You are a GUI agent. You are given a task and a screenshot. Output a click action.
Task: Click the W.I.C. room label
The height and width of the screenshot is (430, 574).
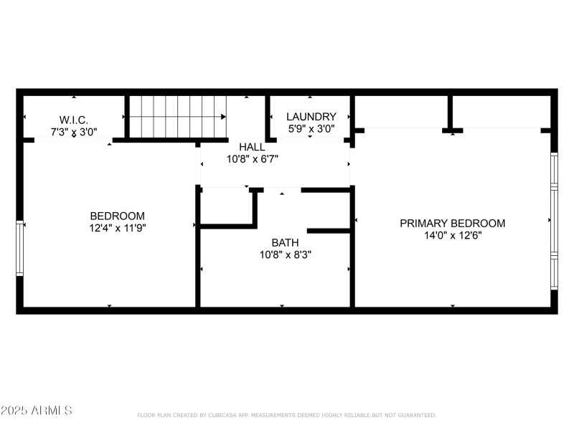[74, 120]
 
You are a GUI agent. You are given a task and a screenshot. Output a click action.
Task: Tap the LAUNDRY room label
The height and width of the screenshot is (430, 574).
[311, 117]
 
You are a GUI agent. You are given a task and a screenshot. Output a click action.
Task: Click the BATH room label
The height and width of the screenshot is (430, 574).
[285, 242]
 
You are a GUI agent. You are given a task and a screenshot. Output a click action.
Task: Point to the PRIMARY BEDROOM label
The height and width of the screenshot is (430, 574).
[452, 223]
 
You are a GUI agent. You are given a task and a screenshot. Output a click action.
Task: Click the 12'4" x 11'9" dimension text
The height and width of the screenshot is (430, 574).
[117, 228]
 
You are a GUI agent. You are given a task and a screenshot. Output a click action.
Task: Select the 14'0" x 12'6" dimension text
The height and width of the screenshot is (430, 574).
[452, 235]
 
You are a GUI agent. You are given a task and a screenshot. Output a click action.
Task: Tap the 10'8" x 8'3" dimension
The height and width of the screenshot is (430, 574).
[285, 254]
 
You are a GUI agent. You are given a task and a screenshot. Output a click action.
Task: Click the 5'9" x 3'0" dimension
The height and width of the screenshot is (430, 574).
[311, 129]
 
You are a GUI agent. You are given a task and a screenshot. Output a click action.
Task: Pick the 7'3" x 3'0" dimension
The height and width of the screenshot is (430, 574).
[74, 132]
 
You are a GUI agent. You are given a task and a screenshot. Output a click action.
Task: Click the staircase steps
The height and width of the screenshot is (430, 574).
[177, 115]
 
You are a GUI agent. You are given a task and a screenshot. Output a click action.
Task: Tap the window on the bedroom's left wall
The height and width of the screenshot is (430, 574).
[20, 248]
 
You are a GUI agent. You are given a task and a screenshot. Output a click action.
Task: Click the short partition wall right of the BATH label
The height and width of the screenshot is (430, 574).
[329, 231]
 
